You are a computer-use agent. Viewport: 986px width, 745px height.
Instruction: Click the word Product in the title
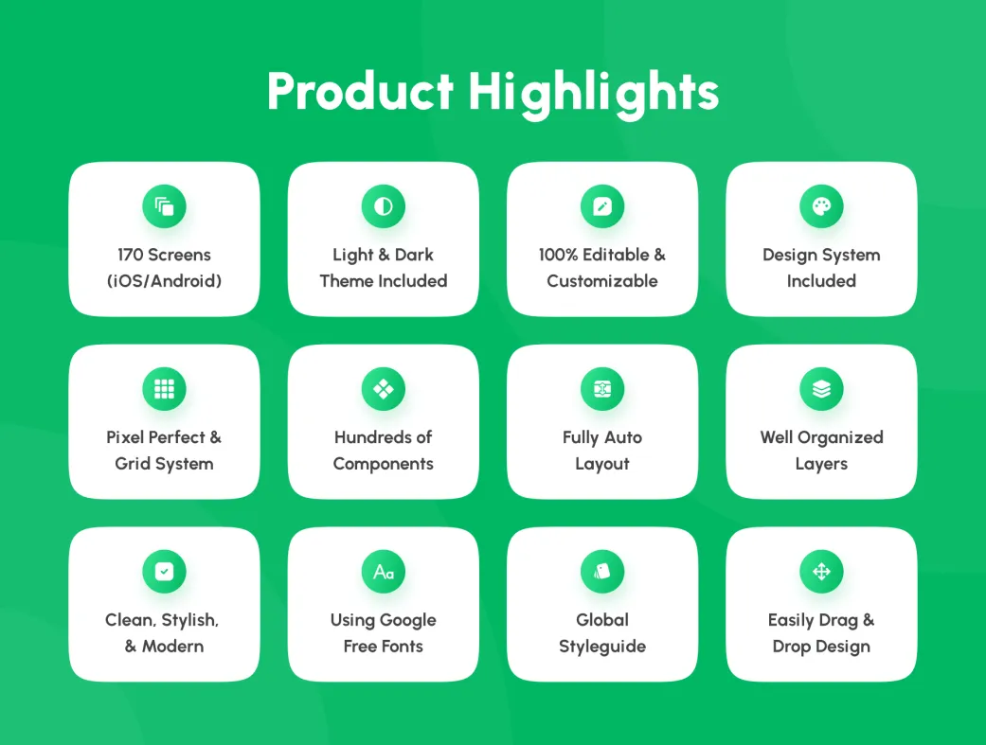pyautogui.click(x=360, y=91)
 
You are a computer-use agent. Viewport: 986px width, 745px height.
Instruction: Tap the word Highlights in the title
pyautogui.click(x=593, y=93)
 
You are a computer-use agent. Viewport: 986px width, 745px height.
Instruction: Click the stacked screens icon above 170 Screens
pyautogui.click(x=164, y=206)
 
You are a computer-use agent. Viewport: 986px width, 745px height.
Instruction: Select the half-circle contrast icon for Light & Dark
pyautogui.click(x=383, y=206)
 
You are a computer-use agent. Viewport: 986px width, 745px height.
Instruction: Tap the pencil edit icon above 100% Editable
pyautogui.click(x=602, y=206)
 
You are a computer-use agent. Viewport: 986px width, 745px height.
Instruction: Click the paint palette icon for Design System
pyautogui.click(x=821, y=206)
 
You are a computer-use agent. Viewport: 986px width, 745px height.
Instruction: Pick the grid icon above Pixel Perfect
pyautogui.click(x=164, y=389)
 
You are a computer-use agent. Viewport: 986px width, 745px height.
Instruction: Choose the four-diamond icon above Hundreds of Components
pyautogui.click(x=383, y=389)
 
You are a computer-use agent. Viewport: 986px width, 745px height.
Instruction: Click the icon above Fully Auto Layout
pyautogui.click(x=602, y=389)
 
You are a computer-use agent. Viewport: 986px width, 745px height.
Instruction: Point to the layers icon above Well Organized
pyautogui.click(x=821, y=389)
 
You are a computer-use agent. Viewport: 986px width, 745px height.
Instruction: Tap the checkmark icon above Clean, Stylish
pyautogui.click(x=164, y=572)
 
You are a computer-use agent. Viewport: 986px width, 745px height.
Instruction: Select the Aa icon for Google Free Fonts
pyautogui.click(x=383, y=572)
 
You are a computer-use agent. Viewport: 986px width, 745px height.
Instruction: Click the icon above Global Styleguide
pyautogui.click(x=602, y=572)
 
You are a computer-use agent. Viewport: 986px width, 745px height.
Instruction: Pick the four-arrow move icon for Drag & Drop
pyautogui.click(x=821, y=572)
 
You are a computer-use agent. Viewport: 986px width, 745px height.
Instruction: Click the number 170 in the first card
pyautogui.click(x=130, y=255)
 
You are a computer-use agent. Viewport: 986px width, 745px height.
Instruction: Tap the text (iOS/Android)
pyautogui.click(x=164, y=281)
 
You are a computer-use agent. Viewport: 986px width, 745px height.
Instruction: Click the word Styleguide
pyautogui.click(x=602, y=647)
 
